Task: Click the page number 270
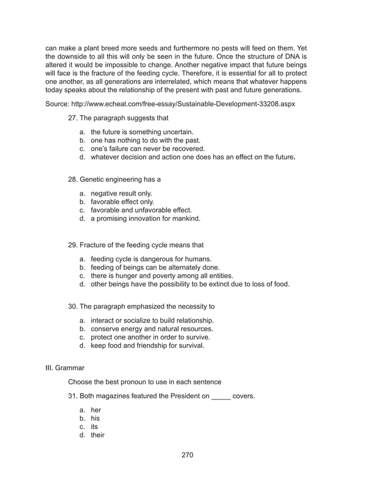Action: pyautogui.click(x=187, y=455)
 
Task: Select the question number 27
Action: pyautogui.click(x=73, y=118)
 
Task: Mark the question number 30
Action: pyautogui.click(x=73, y=307)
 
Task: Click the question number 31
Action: pyautogui.click(x=73, y=396)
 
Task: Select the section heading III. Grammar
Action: pyautogui.click(x=65, y=368)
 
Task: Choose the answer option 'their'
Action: pyautogui.click(x=97, y=435)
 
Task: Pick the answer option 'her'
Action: pyautogui.click(x=96, y=410)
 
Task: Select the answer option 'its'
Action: pyautogui.click(x=95, y=427)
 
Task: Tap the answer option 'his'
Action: pyautogui.click(x=95, y=418)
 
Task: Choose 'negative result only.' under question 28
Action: pyautogui.click(x=121, y=193)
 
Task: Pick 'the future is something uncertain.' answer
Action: pyautogui.click(x=142, y=132)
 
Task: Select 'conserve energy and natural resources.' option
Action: pyautogui.click(x=152, y=328)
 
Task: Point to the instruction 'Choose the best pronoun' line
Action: pyautogui.click(x=145, y=382)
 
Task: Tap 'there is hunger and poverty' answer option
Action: pyautogui.click(x=162, y=275)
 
